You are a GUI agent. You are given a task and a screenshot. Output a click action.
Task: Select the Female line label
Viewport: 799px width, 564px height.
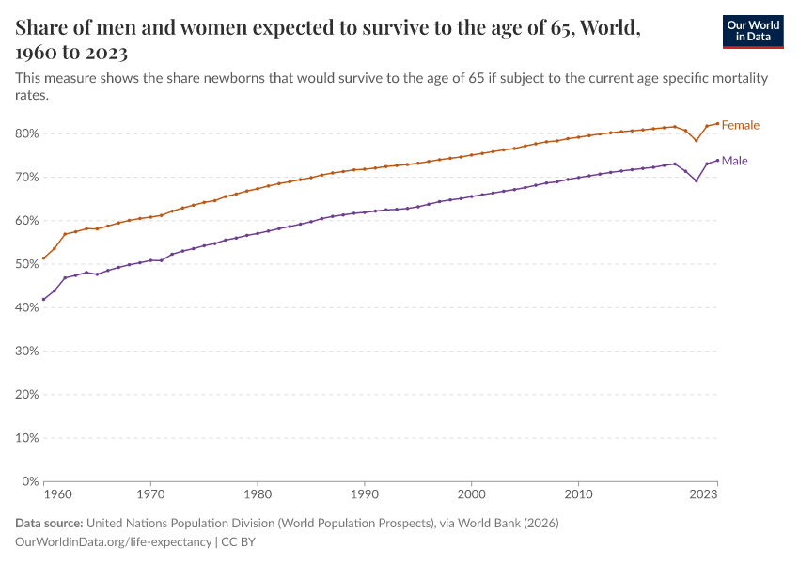tap(740, 125)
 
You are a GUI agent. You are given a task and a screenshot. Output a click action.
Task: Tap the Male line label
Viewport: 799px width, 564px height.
tap(734, 161)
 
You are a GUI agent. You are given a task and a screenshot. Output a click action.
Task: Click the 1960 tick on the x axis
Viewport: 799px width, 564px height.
tap(57, 493)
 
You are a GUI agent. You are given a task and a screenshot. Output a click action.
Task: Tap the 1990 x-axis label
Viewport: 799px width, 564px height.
tap(364, 493)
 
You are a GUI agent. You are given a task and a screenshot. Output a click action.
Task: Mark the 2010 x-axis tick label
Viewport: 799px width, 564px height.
tap(578, 493)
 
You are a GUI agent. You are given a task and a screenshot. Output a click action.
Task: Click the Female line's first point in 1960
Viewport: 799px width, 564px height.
tap(43, 258)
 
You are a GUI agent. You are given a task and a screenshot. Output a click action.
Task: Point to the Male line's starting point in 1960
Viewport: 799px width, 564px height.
tap(43, 299)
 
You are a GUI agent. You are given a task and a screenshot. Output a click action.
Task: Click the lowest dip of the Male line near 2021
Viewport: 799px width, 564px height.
tap(696, 180)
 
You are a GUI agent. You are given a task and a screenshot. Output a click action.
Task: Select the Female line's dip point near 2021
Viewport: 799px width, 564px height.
tap(696, 140)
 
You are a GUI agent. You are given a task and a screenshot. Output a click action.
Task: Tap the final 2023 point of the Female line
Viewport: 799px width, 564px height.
tap(717, 123)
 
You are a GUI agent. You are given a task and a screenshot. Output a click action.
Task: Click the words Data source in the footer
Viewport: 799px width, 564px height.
tap(49, 523)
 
